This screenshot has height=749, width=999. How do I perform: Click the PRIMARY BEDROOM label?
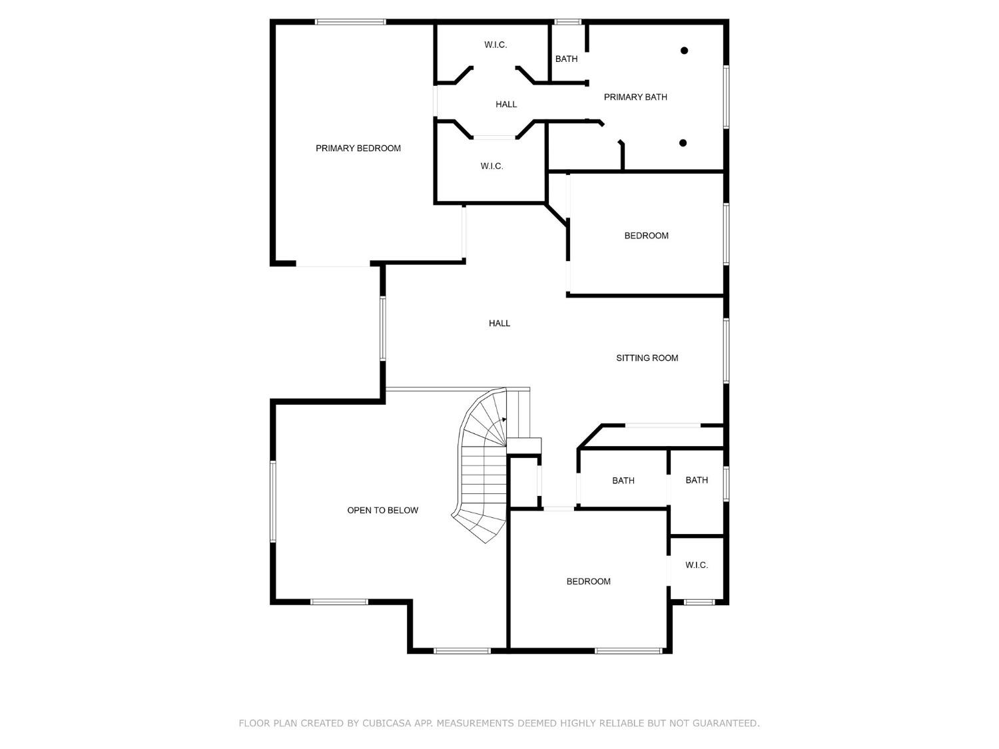coord(358,148)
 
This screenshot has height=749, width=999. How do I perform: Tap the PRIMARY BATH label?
coord(635,97)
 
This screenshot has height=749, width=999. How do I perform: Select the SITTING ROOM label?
coord(647,358)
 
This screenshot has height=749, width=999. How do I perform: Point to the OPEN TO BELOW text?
coord(382,511)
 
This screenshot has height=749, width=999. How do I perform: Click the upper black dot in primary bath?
coord(684,51)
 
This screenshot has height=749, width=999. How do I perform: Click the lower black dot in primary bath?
coord(683,143)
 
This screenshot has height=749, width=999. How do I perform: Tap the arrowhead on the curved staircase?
coord(503,419)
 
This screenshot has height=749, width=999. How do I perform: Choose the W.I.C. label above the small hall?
coord(496,45)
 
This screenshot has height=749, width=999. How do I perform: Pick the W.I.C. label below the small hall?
coord(492,166)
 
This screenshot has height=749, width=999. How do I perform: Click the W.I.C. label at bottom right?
coord(697,565)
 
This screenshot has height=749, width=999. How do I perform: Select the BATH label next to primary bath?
coord(566,59)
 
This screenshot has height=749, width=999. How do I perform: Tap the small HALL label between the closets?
coord(506,105)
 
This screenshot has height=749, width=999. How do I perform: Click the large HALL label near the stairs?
coord(499,324)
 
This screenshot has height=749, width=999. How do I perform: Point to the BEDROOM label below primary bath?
coord(646,236)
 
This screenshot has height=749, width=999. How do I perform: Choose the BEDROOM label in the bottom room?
coord(588,582)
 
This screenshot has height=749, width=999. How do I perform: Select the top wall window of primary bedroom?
coord(350,22)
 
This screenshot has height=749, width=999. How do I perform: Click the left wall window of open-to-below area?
coord(272,501)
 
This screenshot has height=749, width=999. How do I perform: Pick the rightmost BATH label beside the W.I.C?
coord(697,480)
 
